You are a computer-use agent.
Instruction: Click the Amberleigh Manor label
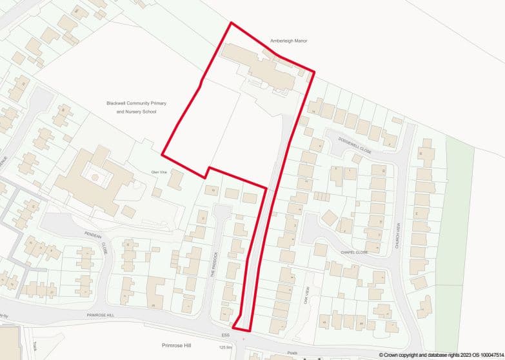click(288, 41)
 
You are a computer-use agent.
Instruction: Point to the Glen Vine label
click(158, 172)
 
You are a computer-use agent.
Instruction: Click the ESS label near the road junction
click(225, 335)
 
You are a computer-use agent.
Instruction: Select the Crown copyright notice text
click(441, 355)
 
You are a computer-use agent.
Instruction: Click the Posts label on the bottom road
click(292, 354)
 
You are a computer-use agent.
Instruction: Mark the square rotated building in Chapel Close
click(330, 217)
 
